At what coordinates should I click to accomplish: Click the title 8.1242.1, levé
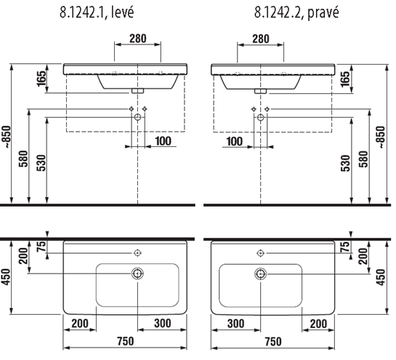[97, 12]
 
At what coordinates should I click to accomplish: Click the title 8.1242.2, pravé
[296, 12]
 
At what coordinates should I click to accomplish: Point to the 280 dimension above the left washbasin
[138, 39]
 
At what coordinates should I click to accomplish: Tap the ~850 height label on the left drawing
[7, 137]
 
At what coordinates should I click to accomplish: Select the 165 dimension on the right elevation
[345, 79]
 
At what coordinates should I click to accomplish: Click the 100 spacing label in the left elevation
[163, 141]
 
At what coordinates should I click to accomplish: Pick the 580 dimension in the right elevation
[364, 159]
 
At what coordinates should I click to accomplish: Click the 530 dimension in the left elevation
[41, 163]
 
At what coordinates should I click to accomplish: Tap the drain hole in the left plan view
[137, 273]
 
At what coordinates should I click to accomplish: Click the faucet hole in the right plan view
[260, 253]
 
